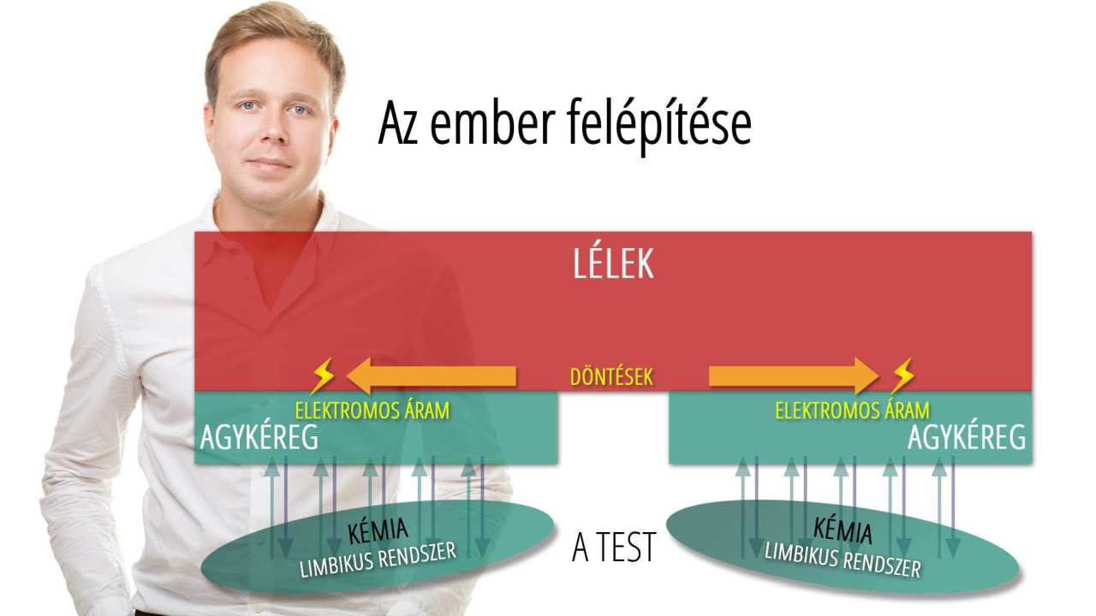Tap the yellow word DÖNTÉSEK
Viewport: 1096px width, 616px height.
611,376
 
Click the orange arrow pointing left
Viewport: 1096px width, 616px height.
431,376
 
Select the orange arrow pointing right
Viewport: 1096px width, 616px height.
794,376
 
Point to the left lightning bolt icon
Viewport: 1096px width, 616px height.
323,376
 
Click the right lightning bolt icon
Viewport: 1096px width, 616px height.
902,376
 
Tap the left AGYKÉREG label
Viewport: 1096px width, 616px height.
259,436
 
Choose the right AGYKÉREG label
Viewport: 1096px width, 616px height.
967,436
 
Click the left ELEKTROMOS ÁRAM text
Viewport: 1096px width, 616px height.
372,410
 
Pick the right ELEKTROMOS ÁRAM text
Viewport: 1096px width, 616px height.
852,410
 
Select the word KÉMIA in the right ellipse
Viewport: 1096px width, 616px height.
843,530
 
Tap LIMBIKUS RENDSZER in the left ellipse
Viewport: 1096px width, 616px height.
378,560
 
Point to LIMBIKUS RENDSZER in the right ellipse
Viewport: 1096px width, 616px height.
843,560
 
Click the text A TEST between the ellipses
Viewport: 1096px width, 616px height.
614,547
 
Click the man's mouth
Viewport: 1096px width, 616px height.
269,163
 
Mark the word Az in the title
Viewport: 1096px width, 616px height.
398,123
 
